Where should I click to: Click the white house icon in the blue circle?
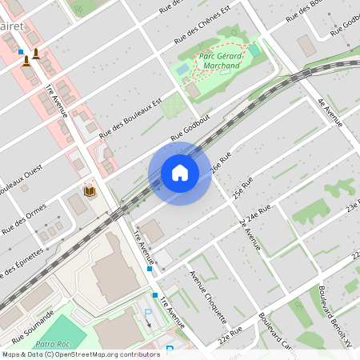pos(180,173)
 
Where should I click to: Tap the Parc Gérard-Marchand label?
pos(218,62)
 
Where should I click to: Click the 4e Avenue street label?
pos(330,112)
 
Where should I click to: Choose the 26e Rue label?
pos(221,163)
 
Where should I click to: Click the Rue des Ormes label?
pos(25,217)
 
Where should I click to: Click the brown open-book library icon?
pos(90,191)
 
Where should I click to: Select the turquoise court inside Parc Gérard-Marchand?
pos(254,50)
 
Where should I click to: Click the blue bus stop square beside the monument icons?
pos(21,52)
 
